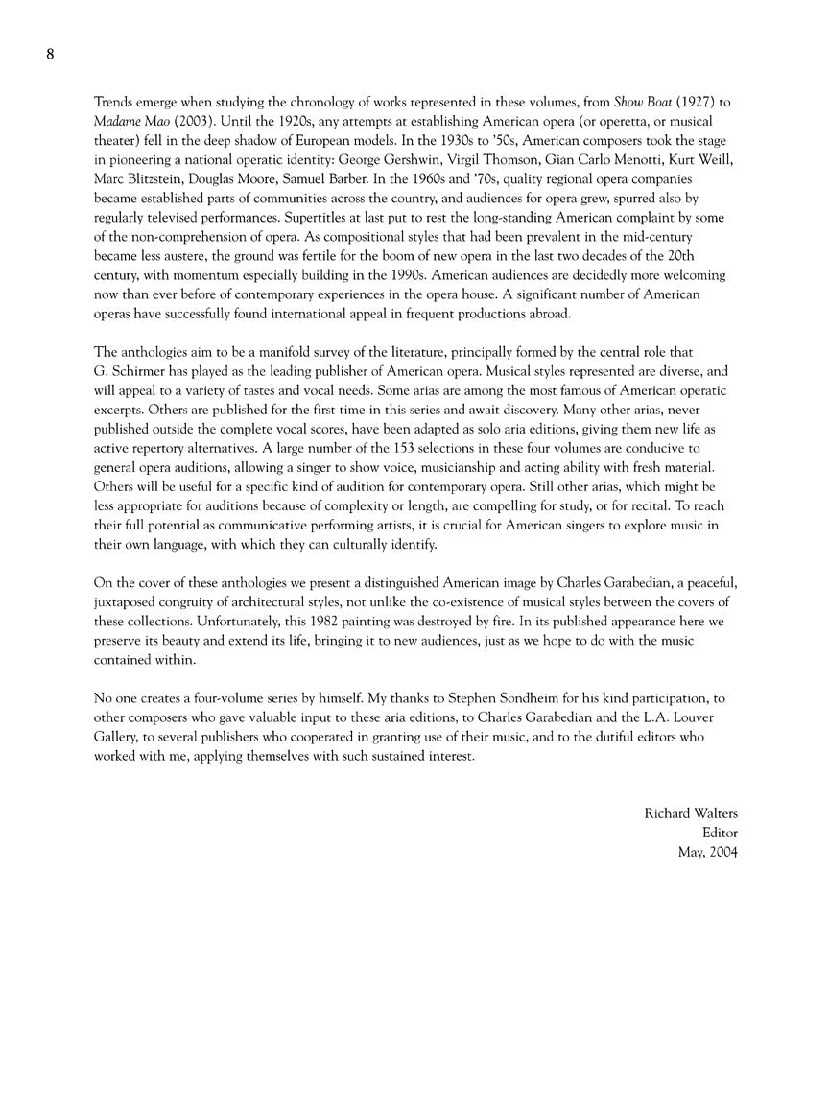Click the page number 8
point(50,54)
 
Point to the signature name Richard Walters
point(691,813)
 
